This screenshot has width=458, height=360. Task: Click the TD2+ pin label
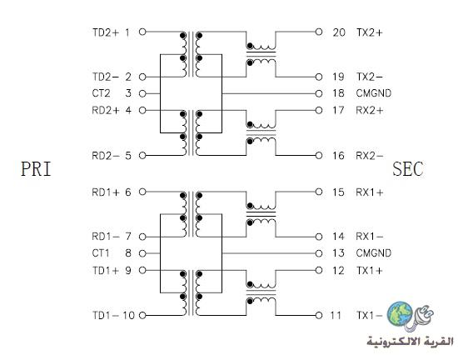tap(106, 32)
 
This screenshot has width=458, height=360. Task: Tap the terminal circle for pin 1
tap(142, 32)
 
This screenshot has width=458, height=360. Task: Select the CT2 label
tap(101, 93)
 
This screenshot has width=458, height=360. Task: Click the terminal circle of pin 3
tap(142, 94)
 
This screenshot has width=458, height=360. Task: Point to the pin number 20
tap(339, 32)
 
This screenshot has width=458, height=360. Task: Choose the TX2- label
tap(369, 77)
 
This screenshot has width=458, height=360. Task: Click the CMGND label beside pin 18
tap(374, 93)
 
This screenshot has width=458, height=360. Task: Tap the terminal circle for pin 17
tap(319, 111)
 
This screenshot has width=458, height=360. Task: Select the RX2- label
tap(369, 156)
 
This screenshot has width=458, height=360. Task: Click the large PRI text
tap(36, 169)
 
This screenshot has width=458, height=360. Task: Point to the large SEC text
tap(407, 169)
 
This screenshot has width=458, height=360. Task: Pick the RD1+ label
tap(106, 192)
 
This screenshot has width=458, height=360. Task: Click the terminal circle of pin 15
tap(319, 192)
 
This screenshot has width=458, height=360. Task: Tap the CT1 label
tap(101, 253)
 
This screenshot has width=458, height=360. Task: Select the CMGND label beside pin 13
tap(374, 253)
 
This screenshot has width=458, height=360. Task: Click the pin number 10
tap(128, 315)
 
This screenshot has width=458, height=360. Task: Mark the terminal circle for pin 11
tap(319, 315)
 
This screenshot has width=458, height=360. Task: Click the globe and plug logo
tap(410, 317)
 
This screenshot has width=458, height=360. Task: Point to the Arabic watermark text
tap(410, 342)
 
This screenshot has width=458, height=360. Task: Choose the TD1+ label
tap(106, 271)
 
